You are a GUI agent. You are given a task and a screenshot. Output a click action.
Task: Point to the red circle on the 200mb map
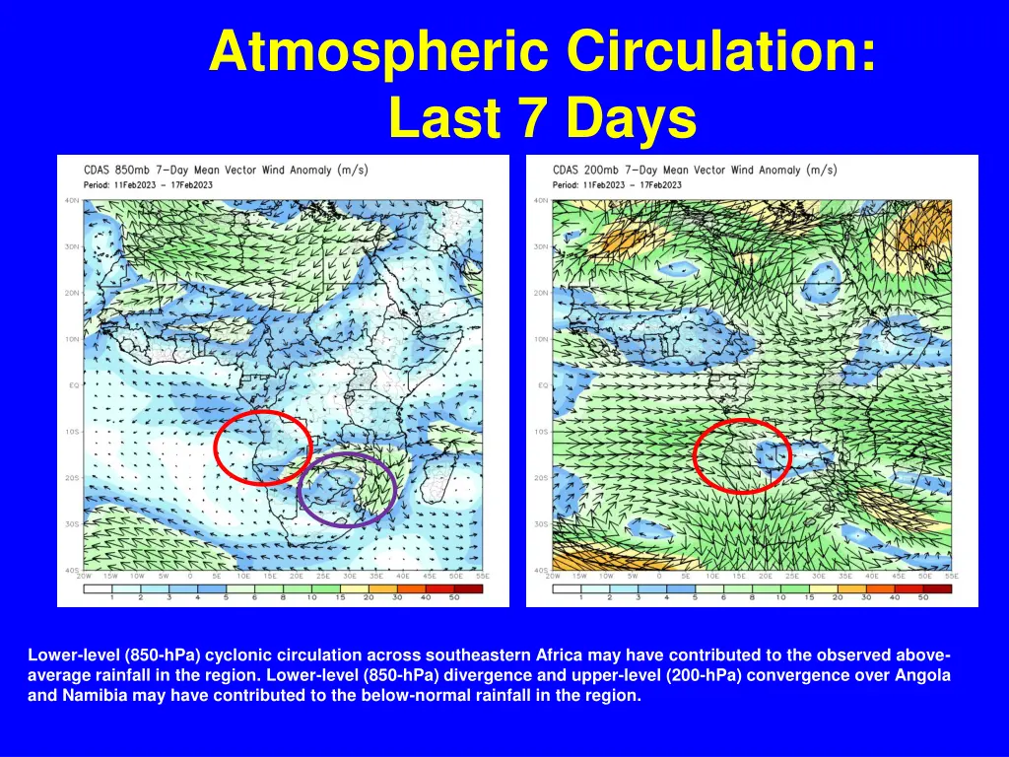(696, 455)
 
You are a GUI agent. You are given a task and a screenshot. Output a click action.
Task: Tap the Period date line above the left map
(147, 184)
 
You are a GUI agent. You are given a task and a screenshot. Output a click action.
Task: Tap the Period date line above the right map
(617, 184)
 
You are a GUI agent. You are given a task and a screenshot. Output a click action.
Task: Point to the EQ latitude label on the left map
(73, 385)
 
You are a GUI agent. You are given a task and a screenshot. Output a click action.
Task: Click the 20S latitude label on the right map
(541, 478)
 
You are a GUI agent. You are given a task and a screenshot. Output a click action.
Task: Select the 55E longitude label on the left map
(482, 577)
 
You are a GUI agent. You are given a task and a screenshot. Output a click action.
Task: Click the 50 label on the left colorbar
(454, 597)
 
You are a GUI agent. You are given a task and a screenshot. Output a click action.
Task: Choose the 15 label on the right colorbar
(808, 597)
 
